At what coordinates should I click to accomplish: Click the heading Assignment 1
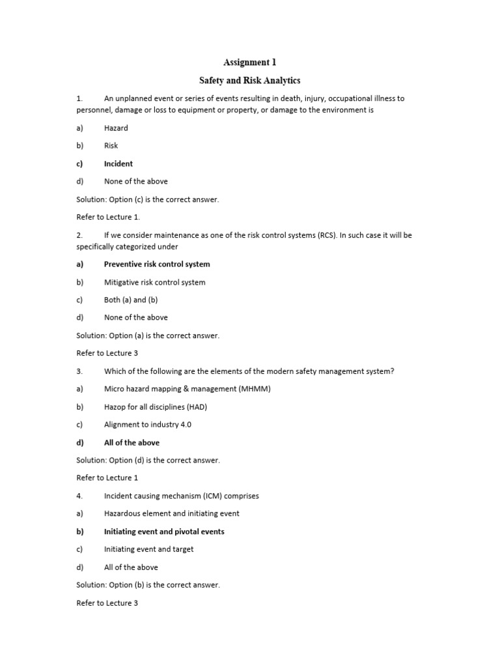(x=249, y=63)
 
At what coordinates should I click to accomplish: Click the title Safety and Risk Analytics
(x=249, y=81)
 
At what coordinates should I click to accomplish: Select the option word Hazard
(x=116, y=128)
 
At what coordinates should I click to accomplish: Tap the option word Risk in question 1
(x=111, y=146)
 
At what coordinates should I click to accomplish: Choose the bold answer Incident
(x=118, y=163)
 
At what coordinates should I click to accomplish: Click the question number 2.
(x=79, y=235)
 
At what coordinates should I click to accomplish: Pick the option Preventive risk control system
(x=157, y=264)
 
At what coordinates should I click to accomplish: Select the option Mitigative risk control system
(x=154, y=282)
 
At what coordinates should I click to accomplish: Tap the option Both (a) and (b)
(x=131, y=300)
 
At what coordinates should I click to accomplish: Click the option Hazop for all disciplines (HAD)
(x=156, y=407)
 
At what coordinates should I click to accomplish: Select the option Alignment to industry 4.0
(x=148, y=425)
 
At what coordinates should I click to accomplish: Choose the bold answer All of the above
(x=132, y=443)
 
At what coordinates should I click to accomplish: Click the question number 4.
(x=79, y=496)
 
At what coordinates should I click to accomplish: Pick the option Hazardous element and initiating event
(x=172, y=513)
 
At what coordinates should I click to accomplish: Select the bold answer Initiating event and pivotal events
(x=164, y=532)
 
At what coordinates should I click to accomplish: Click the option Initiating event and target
(x=149, y=549)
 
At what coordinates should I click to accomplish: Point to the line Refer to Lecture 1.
(x=108, y=217)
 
